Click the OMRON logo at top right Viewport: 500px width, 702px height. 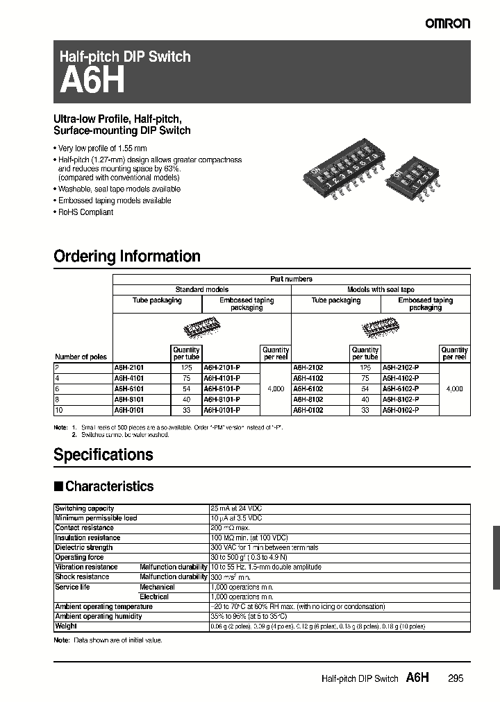click(x=447, y=23)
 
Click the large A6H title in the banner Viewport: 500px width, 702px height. click(x=92, y=81)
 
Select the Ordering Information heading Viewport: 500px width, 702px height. click(x=127, y=256)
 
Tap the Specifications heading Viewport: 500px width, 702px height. click(x=103, y=454)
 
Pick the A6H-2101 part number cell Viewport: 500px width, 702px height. click(x=129, y=368)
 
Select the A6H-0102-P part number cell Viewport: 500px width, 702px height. click(x=401, y=410)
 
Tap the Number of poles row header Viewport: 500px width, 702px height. click(x=81, y=357)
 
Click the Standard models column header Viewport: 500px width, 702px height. click(x=201, y=289)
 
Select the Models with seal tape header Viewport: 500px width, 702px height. click(x=381, y=289)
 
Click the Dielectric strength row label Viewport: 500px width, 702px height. click(x=83, y=547)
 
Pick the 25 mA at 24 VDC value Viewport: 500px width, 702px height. click(x=236, y=508)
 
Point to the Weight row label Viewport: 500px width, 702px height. click(x=66, y=626)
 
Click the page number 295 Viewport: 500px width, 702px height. click(x=455, y=678)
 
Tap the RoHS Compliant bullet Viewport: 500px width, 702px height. click(x=85, y=212)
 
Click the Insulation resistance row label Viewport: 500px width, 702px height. click(x=87, y=538)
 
